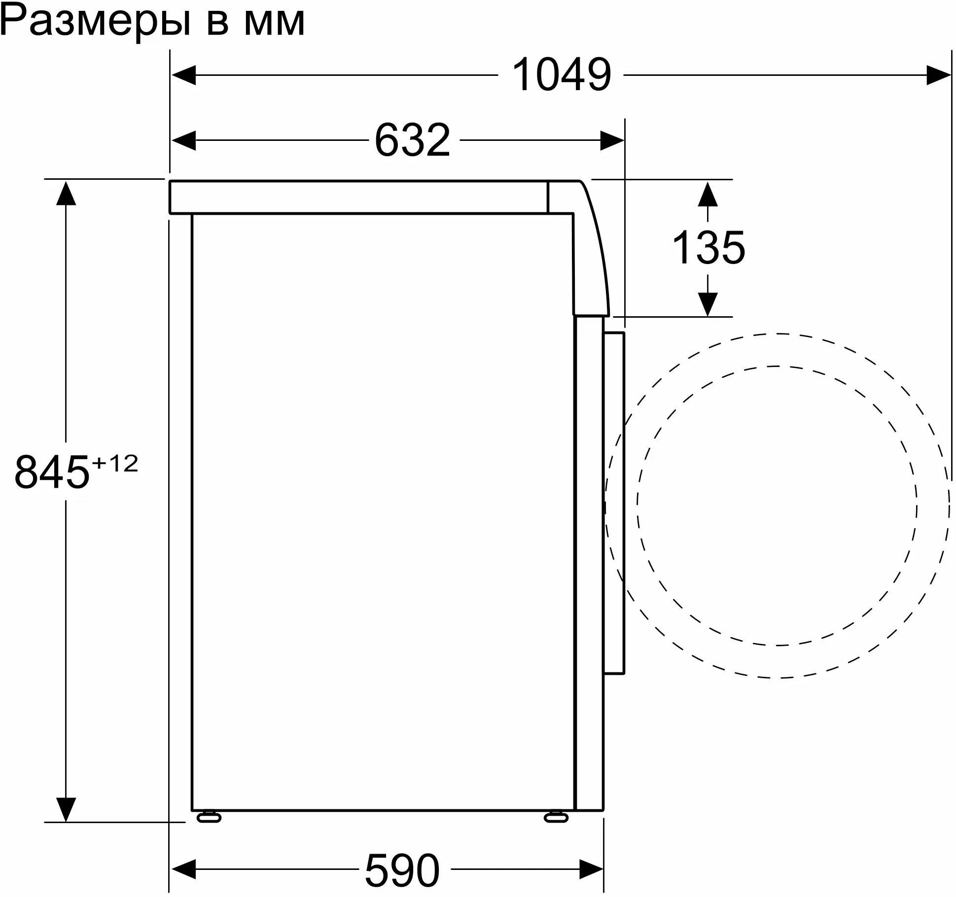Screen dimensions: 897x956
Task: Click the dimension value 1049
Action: click(562, 75)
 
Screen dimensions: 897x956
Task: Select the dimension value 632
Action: click(413, 140)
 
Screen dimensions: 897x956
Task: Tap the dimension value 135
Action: click(708, 248)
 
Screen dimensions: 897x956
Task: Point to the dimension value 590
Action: click(402, 870)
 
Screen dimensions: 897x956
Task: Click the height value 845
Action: click(52, 472)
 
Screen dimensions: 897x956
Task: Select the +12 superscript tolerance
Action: click(115, 464)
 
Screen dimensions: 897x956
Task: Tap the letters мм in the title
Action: click(275, 22)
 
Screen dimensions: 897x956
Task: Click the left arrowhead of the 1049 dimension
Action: click(183, 75)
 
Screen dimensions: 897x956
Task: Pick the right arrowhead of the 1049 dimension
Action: click(938, 75)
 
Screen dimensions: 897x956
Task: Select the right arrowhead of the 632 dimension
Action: click(612, 140)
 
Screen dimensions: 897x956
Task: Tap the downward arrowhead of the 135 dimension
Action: click(708, 304)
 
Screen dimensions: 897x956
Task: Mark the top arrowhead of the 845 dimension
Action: click(66, 193)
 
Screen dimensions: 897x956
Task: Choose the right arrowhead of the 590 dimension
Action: click(591, 869)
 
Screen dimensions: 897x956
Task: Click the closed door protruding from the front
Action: click(614, 502)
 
